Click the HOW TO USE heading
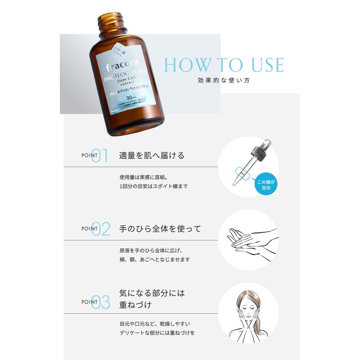point(224,65)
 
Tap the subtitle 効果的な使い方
point(224,81)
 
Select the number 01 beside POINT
point(100,156)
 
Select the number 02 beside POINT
point(101,229)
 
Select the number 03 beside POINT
point(101,302)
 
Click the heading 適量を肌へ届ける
point(152,156)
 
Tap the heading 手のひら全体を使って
point(160,229)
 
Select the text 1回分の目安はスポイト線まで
point(153,186)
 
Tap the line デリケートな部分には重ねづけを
point(157,333)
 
